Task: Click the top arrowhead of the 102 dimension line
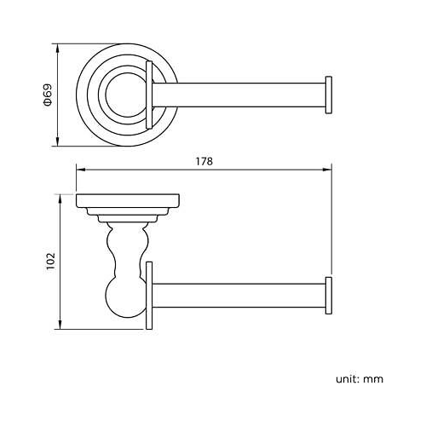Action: click(x=60, y=197)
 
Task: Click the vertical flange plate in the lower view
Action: click(x=149, y=294)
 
